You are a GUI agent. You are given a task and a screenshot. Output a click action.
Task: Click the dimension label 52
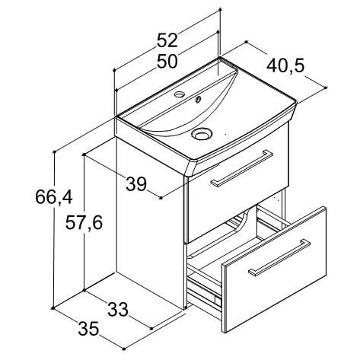point(167,40)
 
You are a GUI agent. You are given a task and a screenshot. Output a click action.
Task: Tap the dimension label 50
point(167,62)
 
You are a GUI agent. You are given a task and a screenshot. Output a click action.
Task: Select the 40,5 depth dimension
point(285,65)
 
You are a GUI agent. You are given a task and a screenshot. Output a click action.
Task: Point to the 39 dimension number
point(136,184)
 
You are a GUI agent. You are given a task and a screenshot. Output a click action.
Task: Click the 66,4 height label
point(54,197)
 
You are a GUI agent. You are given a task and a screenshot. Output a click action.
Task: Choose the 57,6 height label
point(84,222)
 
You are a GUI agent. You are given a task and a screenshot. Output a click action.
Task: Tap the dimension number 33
point(118,309)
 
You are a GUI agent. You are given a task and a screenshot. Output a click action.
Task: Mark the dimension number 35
point(88,329)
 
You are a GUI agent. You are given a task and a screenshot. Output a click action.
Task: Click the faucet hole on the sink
point(180,94)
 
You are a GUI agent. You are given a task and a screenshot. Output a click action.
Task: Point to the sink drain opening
point(202,133)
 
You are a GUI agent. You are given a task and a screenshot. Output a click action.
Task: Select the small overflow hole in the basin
point(198,99)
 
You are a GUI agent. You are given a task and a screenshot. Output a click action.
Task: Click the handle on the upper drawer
point(241,168)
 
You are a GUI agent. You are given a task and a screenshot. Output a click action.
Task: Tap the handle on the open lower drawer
point(279,257)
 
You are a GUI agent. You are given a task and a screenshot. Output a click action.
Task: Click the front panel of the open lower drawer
point(274,269)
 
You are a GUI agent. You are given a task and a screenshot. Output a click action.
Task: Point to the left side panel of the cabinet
point(150,223)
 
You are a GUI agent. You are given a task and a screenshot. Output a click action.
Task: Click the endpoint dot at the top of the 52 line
point(220,10)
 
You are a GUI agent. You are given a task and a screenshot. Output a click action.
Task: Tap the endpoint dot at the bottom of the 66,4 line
point(53,308)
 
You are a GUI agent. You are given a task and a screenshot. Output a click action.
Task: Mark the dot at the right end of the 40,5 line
point(326,88)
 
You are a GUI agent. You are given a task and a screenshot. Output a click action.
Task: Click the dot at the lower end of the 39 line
point(161,198)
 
